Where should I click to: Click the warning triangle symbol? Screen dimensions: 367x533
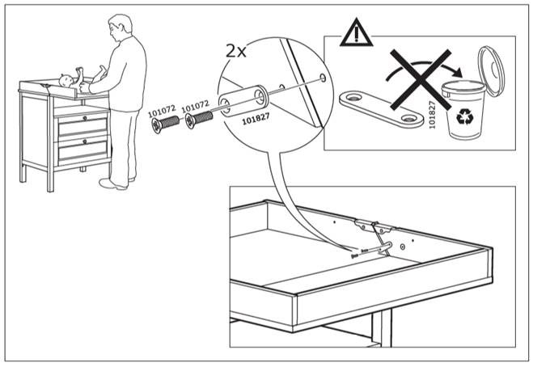click(x=353, y=35)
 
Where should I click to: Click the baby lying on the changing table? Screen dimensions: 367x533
click(x=70, y=80)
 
